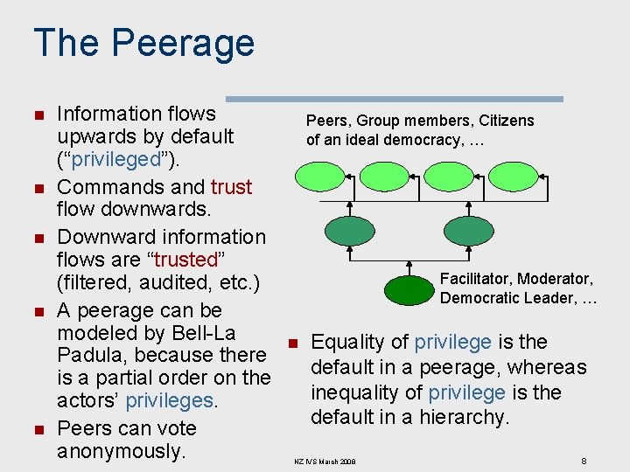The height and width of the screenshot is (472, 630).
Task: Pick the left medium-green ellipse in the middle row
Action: point(349,231)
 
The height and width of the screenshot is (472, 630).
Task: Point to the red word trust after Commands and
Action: point(231,187)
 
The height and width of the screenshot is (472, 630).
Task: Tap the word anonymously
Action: point(120,451)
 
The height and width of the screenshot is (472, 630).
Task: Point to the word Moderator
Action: point(555,279)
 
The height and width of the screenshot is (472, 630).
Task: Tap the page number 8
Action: point(584,460)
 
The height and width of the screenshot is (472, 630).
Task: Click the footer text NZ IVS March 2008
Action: point(325,461)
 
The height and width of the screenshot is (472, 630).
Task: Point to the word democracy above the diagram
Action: point(419,140)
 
